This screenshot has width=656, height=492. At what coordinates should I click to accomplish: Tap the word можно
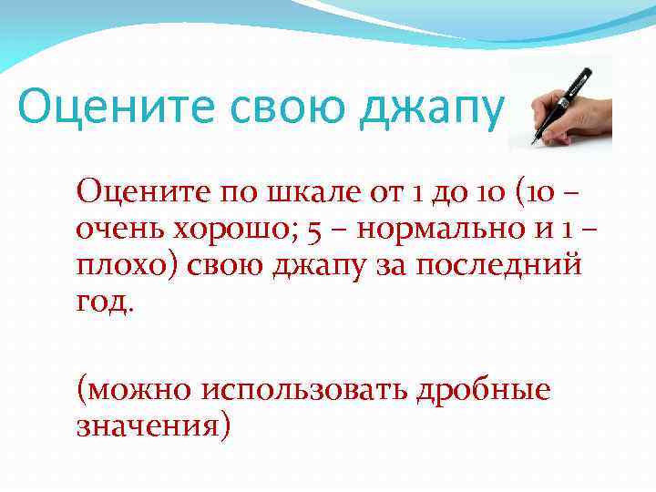(x=133, y=390)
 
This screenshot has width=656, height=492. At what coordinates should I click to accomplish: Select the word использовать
(x=305, y=390)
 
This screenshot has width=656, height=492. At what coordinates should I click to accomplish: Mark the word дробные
(x=484, y=390)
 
